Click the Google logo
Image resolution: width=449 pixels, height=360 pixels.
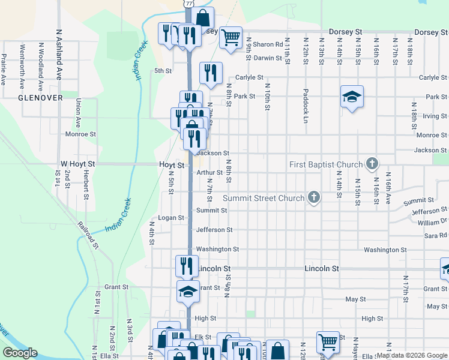pyautogui.click(x=20, y=353)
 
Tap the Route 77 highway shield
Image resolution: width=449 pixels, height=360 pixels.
pyautogui.click(x=190, y=3)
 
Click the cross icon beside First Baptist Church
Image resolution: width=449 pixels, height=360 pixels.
pyautogui.click(x=372, y=163)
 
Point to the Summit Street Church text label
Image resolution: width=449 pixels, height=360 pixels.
pyautogui.click(x=264, y=198)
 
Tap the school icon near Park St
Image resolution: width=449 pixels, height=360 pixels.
pyautogui.click(x=352, y=96)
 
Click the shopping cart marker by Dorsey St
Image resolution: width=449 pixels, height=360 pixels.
pyautogui.click(x=231, y=37)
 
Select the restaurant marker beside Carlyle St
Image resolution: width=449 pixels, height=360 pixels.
pyautogui.click(x=211, y=73)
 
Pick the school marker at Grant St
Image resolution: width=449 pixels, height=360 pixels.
pyautogui.click(x=188, y=292)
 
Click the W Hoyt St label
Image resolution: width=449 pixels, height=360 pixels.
pyautogui.click(x=78, y=164)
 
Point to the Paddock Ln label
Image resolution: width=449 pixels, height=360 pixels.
pyautogui.click(x=306, y=101)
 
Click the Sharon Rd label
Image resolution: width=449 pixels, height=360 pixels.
pyautogui.click(x=267, y=44)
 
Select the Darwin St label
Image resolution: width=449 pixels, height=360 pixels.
pyautogui.click(x=267, y=58)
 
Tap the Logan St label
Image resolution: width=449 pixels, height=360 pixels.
pyautogui.click(x=170, y=218)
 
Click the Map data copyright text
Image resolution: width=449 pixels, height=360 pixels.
pyautogui.click(x=411, y=355)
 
